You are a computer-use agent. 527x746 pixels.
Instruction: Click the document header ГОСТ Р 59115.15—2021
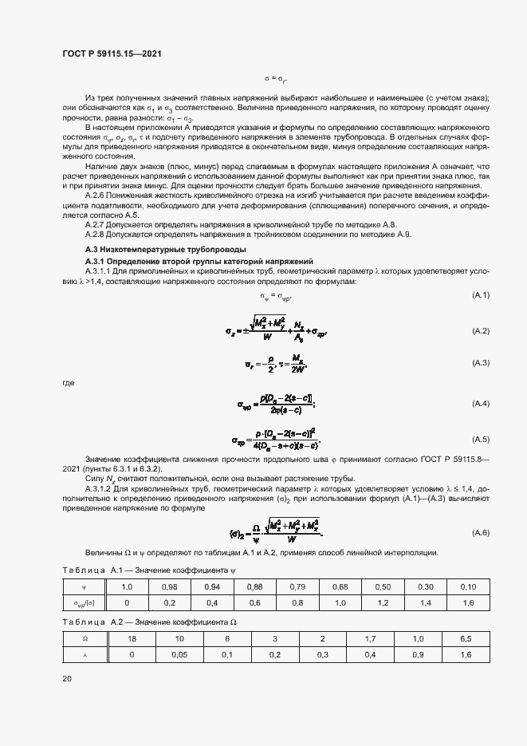coord(112,53)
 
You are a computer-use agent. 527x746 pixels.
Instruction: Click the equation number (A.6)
coord(480,532)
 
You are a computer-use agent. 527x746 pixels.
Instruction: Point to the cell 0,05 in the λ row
coord(181,654)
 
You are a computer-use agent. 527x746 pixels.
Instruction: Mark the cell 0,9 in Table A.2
coord(419,654)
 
